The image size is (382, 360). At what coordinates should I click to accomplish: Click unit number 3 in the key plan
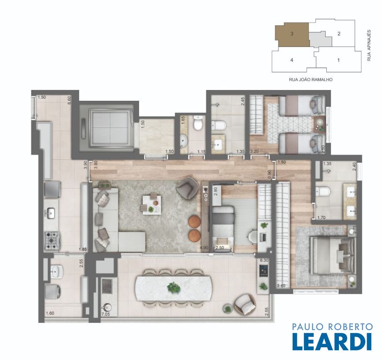292,34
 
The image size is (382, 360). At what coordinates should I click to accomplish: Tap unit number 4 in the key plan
292,60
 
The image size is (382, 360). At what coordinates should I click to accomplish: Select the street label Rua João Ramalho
311,80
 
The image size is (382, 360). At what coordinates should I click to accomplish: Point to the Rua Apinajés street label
369,45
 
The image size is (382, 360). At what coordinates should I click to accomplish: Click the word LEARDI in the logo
332,342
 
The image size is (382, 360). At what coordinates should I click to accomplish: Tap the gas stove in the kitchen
52,241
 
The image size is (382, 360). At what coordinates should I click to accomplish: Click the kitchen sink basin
51,213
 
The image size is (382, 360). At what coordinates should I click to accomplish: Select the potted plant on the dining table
174,287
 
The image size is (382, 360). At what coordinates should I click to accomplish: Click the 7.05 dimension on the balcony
105,314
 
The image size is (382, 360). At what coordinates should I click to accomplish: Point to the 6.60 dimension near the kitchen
69,100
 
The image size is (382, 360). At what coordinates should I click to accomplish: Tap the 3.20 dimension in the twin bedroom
254,151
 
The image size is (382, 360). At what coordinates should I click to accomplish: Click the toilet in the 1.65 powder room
198,123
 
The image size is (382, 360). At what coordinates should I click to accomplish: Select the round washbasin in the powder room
184,142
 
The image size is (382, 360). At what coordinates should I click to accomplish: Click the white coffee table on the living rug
152,205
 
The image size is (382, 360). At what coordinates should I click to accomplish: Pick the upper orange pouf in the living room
194,221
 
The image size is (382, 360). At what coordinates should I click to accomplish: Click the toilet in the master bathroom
323,192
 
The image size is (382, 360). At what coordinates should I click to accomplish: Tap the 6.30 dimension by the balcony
264,260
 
